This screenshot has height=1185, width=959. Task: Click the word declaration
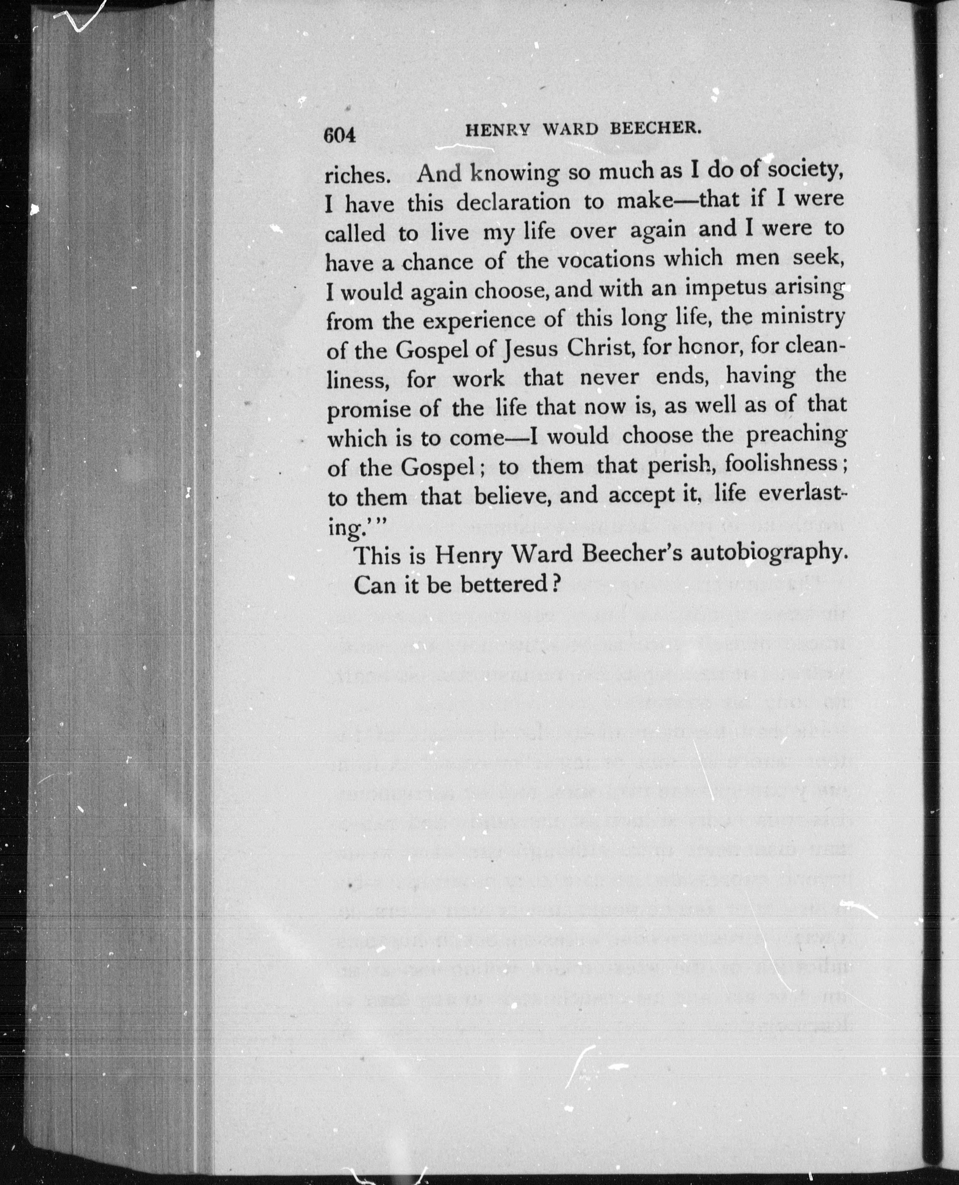513,203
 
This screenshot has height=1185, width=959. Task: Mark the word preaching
796,436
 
